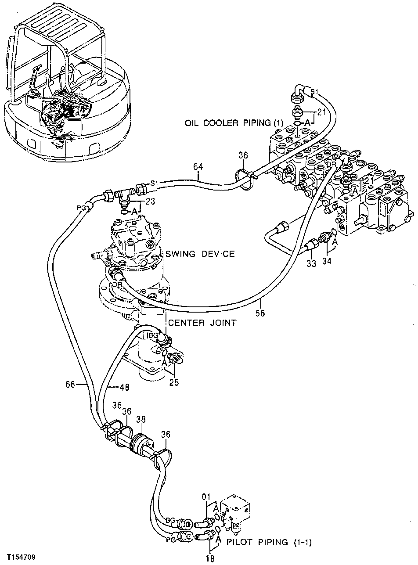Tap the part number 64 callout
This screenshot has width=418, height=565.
[x=198, y=166]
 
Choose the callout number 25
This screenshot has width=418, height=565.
[x=174, y=382]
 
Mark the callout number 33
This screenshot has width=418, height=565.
[x=311, y=264]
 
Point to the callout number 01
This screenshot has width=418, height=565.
[x=206, y=497]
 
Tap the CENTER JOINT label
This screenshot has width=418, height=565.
[x=202, y=323]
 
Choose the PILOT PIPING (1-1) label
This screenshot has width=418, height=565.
[x=269, y=542]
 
